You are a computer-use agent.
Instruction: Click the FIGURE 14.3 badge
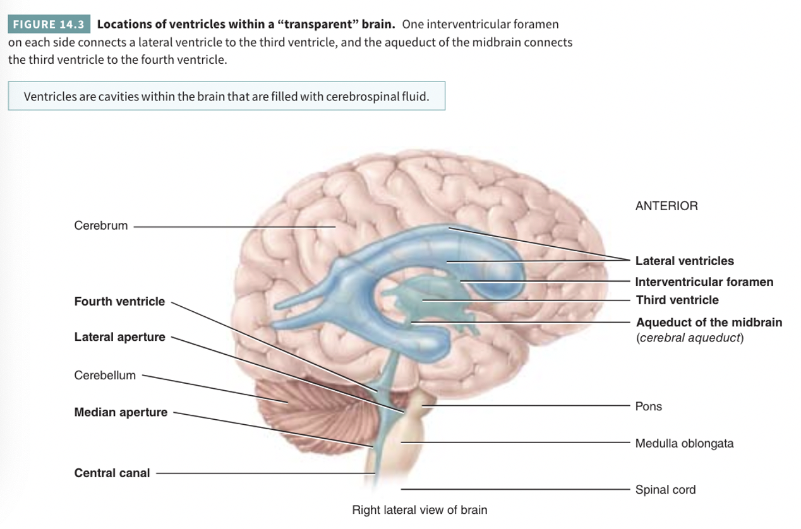pyautogui.click(x=49, y=25)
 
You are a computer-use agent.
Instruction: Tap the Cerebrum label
pyautogui.click(x=100, y=225)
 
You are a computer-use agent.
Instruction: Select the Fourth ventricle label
pyautogui.click(x=119, y=302)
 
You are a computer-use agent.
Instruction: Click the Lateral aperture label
pyautogui.click(x=119, y=337)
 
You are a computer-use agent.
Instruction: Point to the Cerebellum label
pyautogui.click(x=105, y=375)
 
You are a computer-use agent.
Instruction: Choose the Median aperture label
pyautogui.click(x=121, y=412)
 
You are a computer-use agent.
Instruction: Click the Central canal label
pyautogui.click(x=112, y=473)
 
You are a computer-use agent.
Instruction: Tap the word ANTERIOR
pyautogui.click(x=666, y=206)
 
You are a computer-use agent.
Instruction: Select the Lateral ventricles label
pyautogui.click(x=684, y=261)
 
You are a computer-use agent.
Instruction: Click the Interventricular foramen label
pyautogui.click(x=704, y=282)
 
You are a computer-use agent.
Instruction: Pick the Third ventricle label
pyautogui.click(x=677, y=300)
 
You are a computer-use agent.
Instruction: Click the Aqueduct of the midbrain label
pyautogui.click(x=709, y=322)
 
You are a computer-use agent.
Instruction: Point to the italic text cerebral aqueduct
pyautogui.click(x=690, y=338)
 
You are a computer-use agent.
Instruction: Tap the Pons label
pyautogui.click(x=648, y=406)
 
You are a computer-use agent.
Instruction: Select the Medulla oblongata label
pyautogui.click(x=684, y=443)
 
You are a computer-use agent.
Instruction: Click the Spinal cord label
pyautogui.click(x=665, y=489)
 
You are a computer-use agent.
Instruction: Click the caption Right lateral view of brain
pyautogui.click(x=419, y=509)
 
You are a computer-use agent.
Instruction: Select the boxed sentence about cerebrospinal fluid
pyautogui.click(x=226, y=97)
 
